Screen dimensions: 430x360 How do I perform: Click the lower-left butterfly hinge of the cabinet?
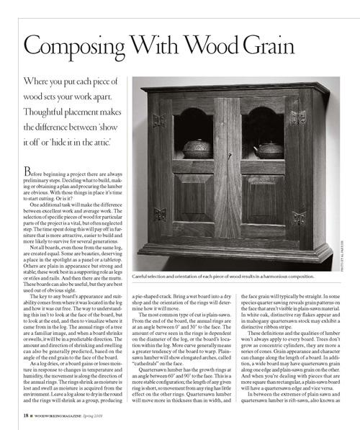click(x=160, y=215)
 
